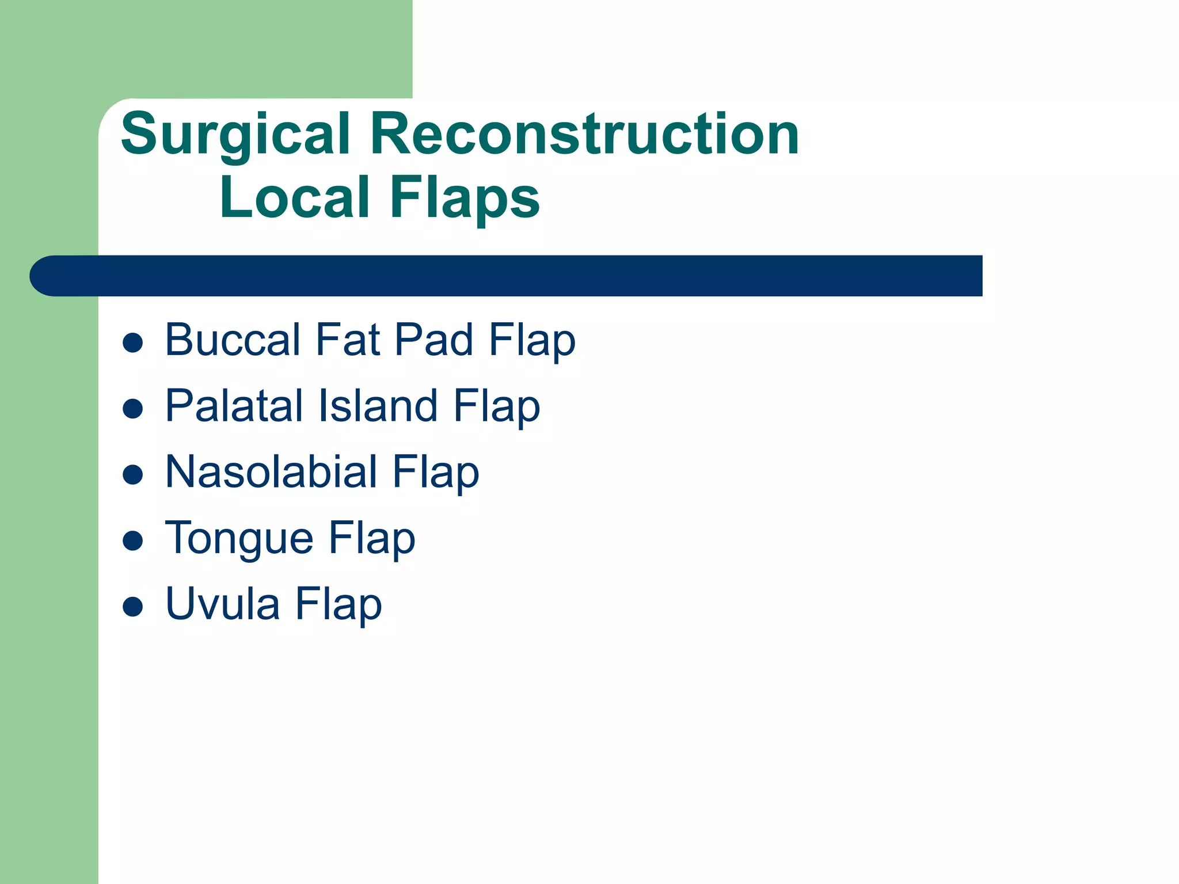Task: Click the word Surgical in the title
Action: click(x=235, y=135)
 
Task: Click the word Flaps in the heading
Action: click(x=465, y=199)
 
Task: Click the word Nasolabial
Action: click(x=271, y=472)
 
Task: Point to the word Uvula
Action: click(x=222, y=604)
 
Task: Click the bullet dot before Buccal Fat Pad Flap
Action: click(x=133, y=343)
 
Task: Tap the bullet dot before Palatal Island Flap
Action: click(x=133, y=409)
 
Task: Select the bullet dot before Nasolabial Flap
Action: click(x=133, y=475)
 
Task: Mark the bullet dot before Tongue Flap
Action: click(x=133, y=541)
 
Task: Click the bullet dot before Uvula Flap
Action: click(x=133, y=607)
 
